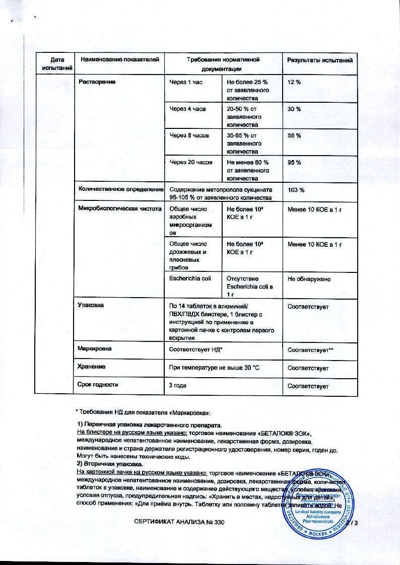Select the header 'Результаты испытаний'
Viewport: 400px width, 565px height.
(x=319, y=60)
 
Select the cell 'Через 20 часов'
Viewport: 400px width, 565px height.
(x=190, y=163)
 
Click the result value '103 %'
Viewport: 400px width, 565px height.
(x=296, y=190)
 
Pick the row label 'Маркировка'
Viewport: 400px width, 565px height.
(x=94, y=348)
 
